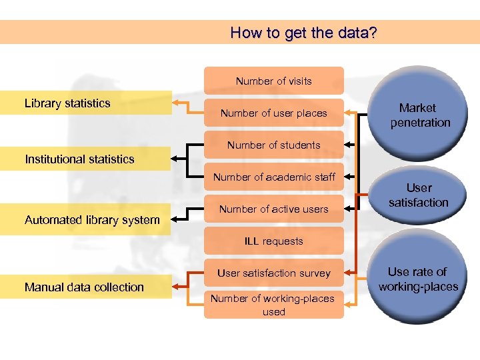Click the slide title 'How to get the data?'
click(x=303, y=32)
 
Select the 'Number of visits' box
click(x=273, y=81)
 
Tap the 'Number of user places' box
click(x=273, y=113)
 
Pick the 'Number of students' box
click(x=273, y=145)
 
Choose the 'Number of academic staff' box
click(x=273, y=177)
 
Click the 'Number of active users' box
click(x=273, y=209)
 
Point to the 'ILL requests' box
click(x=273, y=241)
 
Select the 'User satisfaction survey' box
click(x=273, y=273)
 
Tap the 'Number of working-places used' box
click(x=273, y=305)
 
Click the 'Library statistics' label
click(x=67, y=103)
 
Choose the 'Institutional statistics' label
click(x=79, y=159)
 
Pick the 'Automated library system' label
click(x=92, y=220)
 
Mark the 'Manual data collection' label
click(x=84, y=287)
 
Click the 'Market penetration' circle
click(x=420, y=115)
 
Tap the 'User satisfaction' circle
click(x=419, y=195)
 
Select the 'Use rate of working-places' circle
click(x=418, y=279)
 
